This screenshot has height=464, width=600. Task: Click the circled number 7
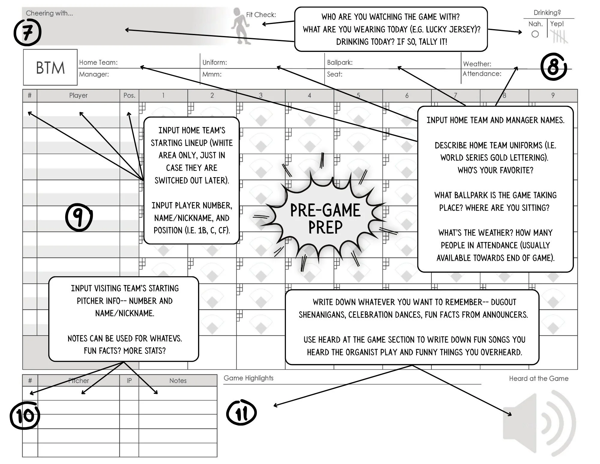point(27,32)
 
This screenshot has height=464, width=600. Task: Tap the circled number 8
point(553,67)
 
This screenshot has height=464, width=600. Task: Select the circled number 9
point(79,217)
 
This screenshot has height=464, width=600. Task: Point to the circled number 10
point(25,415)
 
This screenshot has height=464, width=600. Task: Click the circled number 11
point(241,413)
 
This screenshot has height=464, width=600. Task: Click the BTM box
point(50,68)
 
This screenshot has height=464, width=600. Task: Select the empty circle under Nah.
point(535,34)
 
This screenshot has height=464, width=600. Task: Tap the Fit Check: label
point(261,15)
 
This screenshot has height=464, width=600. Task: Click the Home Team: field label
point(98,62)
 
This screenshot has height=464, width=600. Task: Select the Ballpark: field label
point(340,62)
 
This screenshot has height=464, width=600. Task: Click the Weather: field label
point(477,64)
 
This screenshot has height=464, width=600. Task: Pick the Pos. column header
point(129,96)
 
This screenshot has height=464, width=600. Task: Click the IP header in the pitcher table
point(129,381)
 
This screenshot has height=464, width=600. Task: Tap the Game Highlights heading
point(248,378)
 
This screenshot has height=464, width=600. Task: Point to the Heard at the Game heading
point(538,378)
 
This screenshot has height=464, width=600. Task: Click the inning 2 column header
point(212,96)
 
